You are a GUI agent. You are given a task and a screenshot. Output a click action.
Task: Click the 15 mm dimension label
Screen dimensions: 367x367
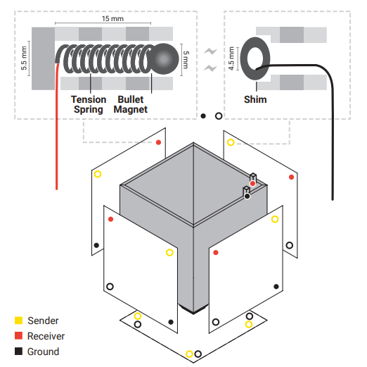click(x=112, y=18)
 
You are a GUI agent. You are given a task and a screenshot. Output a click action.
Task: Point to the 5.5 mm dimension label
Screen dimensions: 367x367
click(x=24, y=58)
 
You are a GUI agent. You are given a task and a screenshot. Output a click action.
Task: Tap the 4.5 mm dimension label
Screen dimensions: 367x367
click(x=231, y=58)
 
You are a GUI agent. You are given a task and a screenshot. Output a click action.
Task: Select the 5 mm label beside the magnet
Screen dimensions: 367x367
click(x=186, y=60)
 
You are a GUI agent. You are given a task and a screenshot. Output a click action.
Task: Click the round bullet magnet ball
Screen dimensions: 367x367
click(x=164, y=58)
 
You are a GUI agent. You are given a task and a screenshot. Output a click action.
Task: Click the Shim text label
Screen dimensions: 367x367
click(x=255, y=99)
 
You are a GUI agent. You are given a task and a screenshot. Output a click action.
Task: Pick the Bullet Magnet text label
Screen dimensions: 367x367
click(x=131, y=104)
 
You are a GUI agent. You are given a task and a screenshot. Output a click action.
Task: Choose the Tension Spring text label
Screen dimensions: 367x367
click(x=89, y=104)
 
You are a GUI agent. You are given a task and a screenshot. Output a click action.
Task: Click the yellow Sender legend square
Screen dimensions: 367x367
click(x=18, y=321)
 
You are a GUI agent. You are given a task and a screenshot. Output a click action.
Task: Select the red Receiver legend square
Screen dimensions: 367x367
click(x=18, y=335)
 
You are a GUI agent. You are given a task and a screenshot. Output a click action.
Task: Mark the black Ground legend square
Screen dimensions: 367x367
click(x=18, y=352)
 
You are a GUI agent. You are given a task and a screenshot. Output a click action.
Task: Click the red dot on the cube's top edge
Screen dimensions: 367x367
click(x=252, y=183)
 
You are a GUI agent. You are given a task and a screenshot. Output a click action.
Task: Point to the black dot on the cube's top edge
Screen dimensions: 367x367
click(x=247, y=196)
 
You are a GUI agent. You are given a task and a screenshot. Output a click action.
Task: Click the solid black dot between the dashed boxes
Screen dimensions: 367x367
click(x=203, y=116)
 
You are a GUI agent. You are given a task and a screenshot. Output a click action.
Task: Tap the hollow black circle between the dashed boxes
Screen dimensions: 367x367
click(x=219, y=116)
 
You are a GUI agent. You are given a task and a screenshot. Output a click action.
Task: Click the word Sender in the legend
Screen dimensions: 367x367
click(x=43, y=321)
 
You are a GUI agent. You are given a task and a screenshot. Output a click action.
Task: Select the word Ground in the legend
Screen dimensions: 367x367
click(x=43, y=352)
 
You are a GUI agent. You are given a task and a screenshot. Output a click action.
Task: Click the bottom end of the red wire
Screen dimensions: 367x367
click(x=56, y=189)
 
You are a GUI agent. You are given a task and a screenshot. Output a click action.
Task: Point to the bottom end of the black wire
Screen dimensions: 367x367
click(x=333, y=199)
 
